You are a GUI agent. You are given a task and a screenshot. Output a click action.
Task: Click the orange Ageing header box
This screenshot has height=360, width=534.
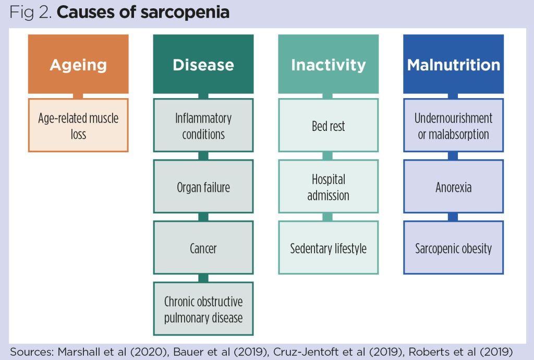(78, 64)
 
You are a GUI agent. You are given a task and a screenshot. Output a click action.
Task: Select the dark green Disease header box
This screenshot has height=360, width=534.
(203, 64)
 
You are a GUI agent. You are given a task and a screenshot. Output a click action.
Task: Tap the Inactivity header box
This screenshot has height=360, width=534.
(328, 64)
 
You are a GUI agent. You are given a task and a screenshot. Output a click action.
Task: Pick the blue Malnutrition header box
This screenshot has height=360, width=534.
(453, 64)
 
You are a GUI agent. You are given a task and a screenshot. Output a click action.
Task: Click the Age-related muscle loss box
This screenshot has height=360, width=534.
(78, 126)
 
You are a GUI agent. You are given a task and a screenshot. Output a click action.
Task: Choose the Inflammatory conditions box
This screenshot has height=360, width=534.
(203, 126)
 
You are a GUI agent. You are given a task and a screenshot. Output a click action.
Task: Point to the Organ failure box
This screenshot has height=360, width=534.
(203, 187)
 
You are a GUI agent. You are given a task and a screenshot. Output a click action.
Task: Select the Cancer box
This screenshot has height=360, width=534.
(203, 248)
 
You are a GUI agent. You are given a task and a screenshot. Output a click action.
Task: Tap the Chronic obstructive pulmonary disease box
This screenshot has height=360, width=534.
(203, 309)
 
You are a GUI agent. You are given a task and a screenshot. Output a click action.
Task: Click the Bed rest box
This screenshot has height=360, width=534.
(328, 126)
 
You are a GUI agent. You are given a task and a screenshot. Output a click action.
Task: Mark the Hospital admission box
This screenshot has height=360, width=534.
(328, 187)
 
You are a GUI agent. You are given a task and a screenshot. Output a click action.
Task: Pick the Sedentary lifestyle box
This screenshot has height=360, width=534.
(328, 248)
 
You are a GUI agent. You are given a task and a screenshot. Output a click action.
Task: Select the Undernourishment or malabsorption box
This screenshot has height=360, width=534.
(453, 126)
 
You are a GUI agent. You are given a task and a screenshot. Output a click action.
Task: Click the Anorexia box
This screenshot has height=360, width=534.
(453, 187)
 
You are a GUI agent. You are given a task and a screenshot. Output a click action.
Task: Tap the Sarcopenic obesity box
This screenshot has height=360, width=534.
(453, 248)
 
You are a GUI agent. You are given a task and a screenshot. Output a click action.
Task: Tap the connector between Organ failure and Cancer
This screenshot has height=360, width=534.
(203, 217)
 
